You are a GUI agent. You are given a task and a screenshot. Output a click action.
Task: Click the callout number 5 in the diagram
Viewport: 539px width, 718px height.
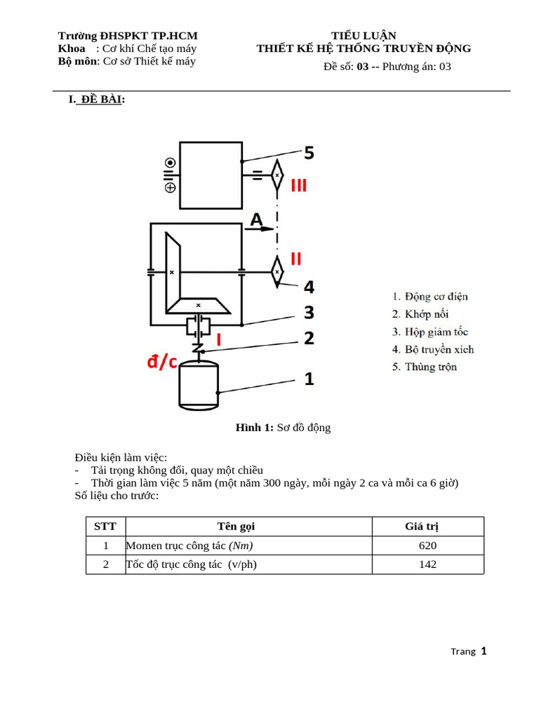[x=309, y=152]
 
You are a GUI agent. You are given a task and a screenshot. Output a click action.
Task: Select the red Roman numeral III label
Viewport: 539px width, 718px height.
[x=298, y=186]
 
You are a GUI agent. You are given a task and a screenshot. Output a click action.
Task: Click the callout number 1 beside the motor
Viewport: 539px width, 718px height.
[x=308, y=379]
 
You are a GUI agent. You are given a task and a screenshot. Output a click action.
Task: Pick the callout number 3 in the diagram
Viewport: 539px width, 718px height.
[x=308, y=312]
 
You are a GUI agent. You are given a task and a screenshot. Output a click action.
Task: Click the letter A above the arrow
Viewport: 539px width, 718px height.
[x=257, y=220]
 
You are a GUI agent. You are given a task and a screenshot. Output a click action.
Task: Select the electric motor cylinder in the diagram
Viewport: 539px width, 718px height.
[x=199, y=388]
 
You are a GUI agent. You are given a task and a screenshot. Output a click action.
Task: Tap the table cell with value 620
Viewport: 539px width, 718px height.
[x=427, y=546]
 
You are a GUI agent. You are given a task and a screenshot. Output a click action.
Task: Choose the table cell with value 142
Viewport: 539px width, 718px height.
[x=427, y=564]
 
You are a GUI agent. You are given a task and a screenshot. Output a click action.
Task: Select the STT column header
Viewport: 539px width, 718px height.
[x=105, y=527]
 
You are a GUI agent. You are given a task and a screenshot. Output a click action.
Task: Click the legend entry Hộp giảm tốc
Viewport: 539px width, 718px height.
[x=430, y=332]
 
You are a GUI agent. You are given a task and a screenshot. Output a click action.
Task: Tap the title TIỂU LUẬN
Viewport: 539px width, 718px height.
[x=364, y=36]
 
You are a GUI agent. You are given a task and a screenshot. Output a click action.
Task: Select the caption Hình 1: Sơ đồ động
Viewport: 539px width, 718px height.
[x=283, y=428]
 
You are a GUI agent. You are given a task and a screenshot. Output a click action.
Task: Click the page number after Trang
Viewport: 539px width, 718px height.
[x=484, y=651]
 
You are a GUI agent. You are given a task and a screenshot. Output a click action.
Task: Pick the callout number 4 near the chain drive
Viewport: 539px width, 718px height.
[x=308, y=287]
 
